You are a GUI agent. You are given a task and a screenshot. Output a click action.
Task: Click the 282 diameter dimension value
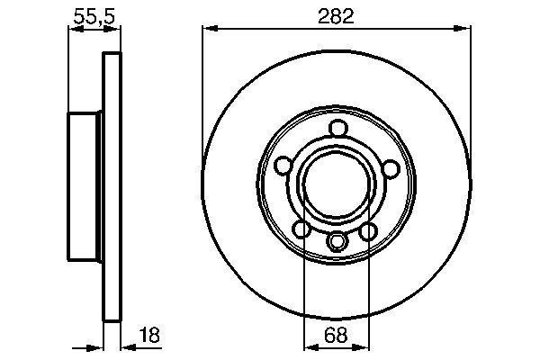point(336,14)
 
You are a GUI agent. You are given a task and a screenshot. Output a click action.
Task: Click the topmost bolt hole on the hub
point(337,129)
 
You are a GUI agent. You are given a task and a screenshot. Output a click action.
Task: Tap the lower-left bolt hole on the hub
point(304,231)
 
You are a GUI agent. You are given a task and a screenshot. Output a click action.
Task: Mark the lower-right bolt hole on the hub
point(368,231)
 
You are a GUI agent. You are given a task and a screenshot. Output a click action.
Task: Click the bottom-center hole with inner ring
point(337,241)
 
